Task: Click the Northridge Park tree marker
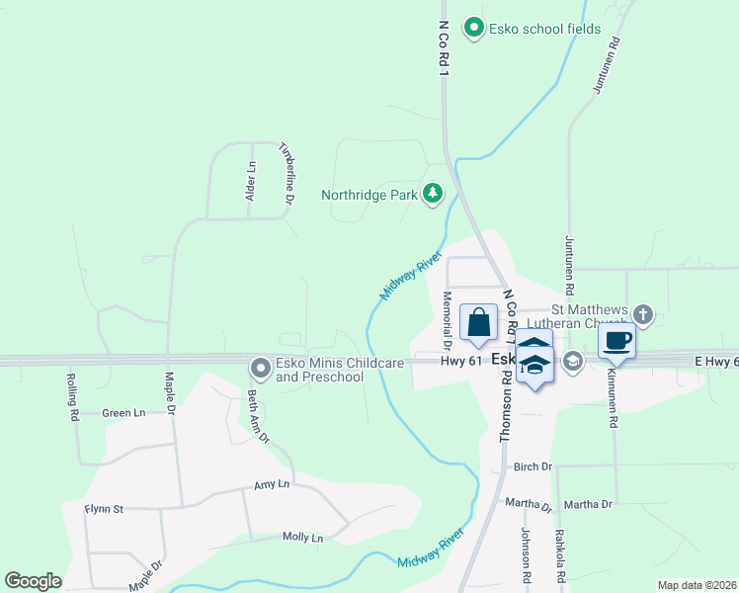point(433,194)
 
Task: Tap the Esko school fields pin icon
point(474,29)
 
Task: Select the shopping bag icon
point(478,323)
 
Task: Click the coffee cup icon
point(616,341)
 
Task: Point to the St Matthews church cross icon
point(643,315)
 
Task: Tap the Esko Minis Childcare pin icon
point(261,369)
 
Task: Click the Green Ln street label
point(123,413)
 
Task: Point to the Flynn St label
point(104,509)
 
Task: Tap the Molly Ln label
point(302,537)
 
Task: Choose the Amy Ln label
point(272,484)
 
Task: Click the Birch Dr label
point(533,466)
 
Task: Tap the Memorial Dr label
point(447,321)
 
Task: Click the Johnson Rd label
point(527,554)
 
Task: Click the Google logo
point(33,581)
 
